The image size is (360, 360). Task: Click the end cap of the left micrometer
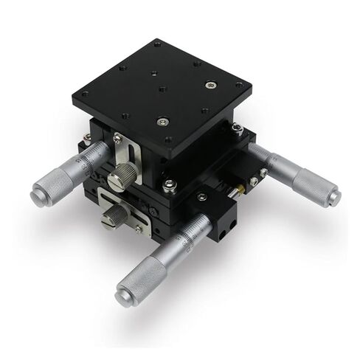[x=37, y=195]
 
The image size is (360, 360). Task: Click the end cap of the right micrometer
[x=334, y=198]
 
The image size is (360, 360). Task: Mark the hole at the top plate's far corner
[x=157, y=44]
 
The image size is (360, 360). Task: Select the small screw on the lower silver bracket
[x=138, y=229]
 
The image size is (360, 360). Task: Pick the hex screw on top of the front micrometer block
[x=201, y=197]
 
